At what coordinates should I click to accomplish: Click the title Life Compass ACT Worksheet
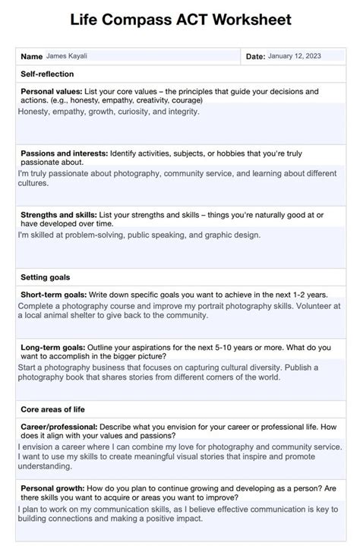click(180, 21)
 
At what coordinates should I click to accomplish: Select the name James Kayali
click(68, 56)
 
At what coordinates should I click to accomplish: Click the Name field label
click(31, 56)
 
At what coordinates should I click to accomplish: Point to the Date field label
click(255, 56)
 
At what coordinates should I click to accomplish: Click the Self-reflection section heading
click(47, 74)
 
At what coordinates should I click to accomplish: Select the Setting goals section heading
click(46, 277)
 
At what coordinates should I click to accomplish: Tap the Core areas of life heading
click(52, 409)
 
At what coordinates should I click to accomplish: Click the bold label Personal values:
click(52, 91)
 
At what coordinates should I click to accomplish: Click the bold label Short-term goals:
click(52, 294)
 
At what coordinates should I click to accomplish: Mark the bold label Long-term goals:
click(52, 347)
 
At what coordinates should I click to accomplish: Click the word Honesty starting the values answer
click(34, 112)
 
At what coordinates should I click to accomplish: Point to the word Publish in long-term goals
click(298, 367)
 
